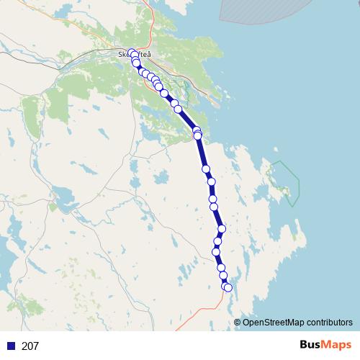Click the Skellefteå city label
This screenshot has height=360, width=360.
(x=135, y=54)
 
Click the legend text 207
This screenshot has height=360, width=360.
(x=30, y=346)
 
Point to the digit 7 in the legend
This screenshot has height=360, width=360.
(x=36, y=346)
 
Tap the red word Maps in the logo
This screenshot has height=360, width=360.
(x=337, y=345)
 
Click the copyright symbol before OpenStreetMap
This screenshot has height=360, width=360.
(x=237, y=323)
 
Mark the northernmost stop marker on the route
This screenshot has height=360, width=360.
(x=132, y=53)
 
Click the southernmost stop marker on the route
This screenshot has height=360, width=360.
(x=228, y=288)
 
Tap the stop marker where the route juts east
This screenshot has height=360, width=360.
(x=222, y=229)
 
